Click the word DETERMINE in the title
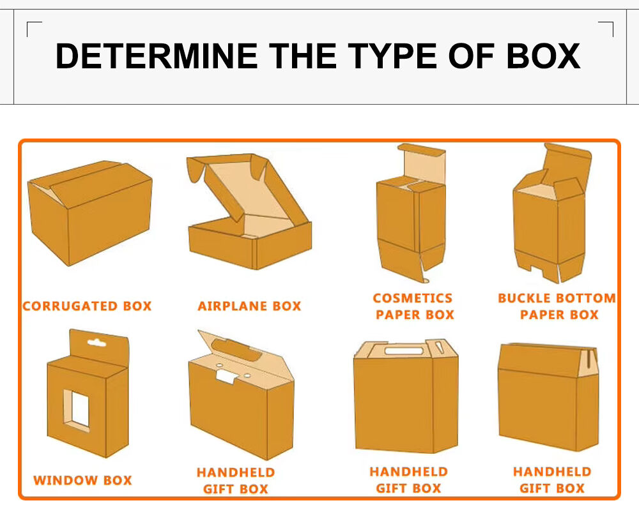[157, 56]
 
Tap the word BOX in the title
[543, 56]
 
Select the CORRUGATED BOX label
[87, 306]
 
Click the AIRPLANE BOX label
[249, 306]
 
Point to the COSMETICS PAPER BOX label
[414, 306]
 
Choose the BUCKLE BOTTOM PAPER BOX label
[557, 306]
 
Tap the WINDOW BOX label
[82, 480]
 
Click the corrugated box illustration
[89, 211]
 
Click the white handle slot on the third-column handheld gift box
[405, 350]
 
